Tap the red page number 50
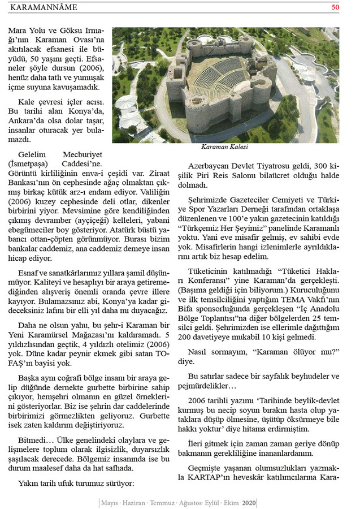tap(335, 7)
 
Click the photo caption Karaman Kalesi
tap(224, 147)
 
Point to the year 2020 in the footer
tap(249, 502)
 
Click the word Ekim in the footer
tap(229, 502)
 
